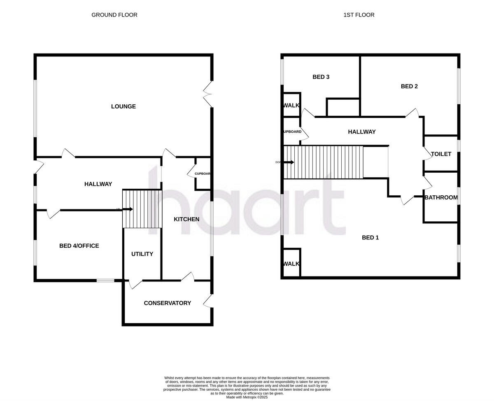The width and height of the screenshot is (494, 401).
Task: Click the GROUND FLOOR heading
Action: click(x=114, y=15)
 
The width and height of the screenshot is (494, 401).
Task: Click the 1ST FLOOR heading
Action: click(x=359, y=15)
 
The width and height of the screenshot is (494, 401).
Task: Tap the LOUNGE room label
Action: click(x=123, y=106)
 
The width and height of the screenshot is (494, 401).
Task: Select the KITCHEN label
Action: click(x=186, y=219)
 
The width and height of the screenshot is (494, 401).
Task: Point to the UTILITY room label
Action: click(x=142, y=254)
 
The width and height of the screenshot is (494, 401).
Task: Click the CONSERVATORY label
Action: click(x=167, y=303)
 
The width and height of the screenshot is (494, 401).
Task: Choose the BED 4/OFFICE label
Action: click(x=79, y=246)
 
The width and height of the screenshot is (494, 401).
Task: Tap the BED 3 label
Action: click(x=321, y=77)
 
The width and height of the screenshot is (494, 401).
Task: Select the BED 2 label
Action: click(x=409, y=86)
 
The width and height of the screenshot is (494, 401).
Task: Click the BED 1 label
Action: click(x=370, y=237)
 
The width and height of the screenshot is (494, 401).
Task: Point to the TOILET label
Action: click(x=441, y=154)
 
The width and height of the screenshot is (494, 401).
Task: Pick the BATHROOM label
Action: click(x=441, y=197)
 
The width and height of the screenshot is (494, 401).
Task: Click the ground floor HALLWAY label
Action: click(x=98, y=184)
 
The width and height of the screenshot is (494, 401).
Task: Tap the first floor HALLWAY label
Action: click(x=361, y=132)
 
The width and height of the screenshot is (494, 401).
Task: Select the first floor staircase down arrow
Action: click(x=289, y=162)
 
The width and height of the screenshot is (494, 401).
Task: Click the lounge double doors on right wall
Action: click(x=208, y=94)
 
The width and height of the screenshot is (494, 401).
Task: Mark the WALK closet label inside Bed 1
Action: click(x=291, y=264)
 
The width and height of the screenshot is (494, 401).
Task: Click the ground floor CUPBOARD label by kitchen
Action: click(x=203, y=174)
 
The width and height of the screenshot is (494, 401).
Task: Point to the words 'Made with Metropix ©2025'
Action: click(x=247, y=397)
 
